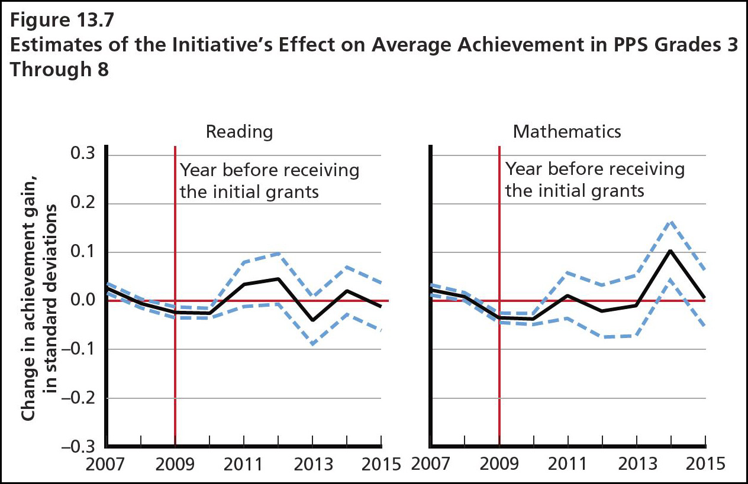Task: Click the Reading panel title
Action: (x=239, y=131)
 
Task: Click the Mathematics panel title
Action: (x=567, y=131)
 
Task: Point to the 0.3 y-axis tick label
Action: (x=83, y=155)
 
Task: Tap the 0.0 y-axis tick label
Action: (x=83, y=301)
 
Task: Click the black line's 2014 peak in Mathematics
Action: (x=671, y=251)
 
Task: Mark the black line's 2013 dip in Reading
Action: (x=312, y=320)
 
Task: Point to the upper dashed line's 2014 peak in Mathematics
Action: (x=671, y=222)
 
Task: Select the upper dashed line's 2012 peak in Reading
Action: (x=278, y=254)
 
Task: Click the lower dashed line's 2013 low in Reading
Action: (x=312, y=344)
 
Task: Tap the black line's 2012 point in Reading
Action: (x=278, y=278)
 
